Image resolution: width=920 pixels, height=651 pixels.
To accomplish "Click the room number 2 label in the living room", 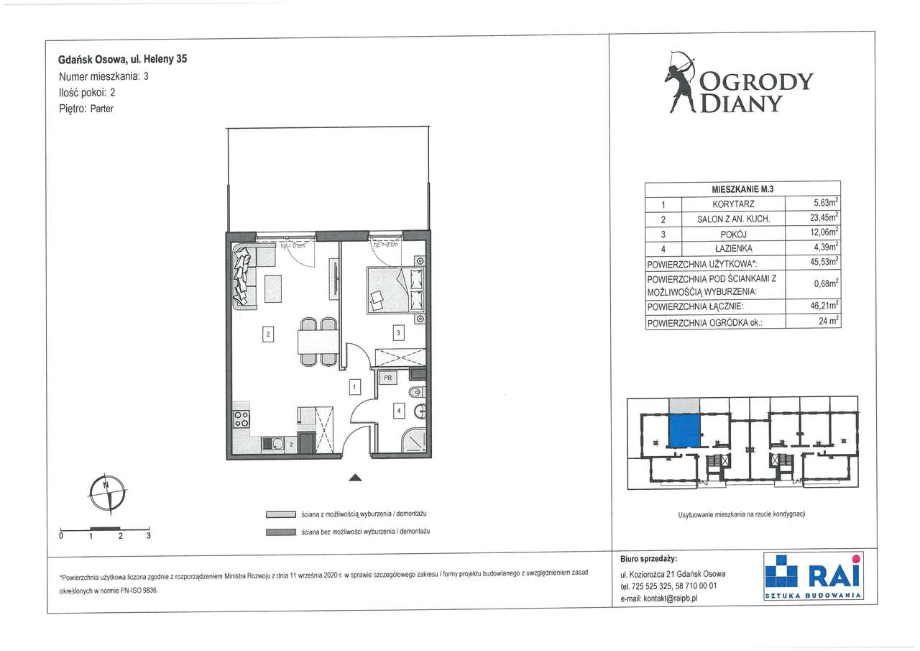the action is point(268,334).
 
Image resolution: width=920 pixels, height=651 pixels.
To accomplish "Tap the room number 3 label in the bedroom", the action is point(398,332).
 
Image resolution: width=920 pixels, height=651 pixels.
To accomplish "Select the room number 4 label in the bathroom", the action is point(399,411).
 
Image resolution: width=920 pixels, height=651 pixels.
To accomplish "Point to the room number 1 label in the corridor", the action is point(354,387).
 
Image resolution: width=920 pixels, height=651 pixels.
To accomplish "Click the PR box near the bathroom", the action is point(387,378).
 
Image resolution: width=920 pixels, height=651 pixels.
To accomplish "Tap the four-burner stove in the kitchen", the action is point(241,419).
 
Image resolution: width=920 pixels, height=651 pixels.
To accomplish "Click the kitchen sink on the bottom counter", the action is point(272,445).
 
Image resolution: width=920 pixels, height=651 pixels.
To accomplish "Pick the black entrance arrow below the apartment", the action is point(355,477).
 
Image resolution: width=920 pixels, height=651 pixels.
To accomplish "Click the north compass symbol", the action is point(108,494).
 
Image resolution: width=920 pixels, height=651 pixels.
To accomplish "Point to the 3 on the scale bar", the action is point(149,535).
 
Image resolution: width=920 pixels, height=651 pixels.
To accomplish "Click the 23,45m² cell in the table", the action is point(824,217).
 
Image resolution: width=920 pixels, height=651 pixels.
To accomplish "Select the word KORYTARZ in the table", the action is point(733,204).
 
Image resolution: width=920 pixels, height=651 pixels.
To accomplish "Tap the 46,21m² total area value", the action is point(824,306).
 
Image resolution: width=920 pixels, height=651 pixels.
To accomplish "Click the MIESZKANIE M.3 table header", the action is point(742,189).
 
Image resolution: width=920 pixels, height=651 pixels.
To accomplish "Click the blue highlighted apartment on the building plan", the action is point(684,431).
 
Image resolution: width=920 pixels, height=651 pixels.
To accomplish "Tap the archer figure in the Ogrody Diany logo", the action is point(680,82).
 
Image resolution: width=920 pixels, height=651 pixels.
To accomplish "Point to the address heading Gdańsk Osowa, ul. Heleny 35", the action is point(122,59).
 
